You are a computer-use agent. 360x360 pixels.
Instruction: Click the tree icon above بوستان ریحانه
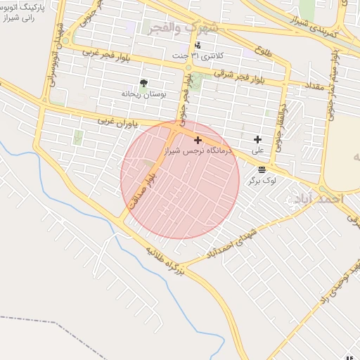[x=143, y=83]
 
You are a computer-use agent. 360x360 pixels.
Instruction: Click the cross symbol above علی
[x=257, y=139]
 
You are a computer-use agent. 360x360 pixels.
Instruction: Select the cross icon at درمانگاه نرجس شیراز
[x=198, y=140]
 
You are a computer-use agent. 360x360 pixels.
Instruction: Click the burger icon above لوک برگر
[x=262, y=169]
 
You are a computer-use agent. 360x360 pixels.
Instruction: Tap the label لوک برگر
[x=262, y=180]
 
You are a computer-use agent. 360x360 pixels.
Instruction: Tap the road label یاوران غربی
[x=118, y=121]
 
